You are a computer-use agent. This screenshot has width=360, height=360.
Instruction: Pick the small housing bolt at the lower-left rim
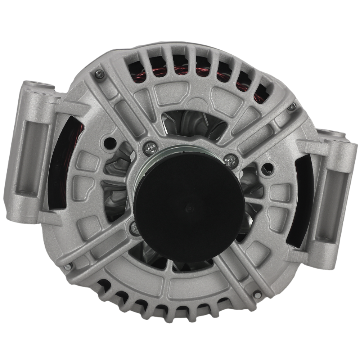point(67,267)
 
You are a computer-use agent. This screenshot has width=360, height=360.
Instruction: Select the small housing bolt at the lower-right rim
point(256,294)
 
